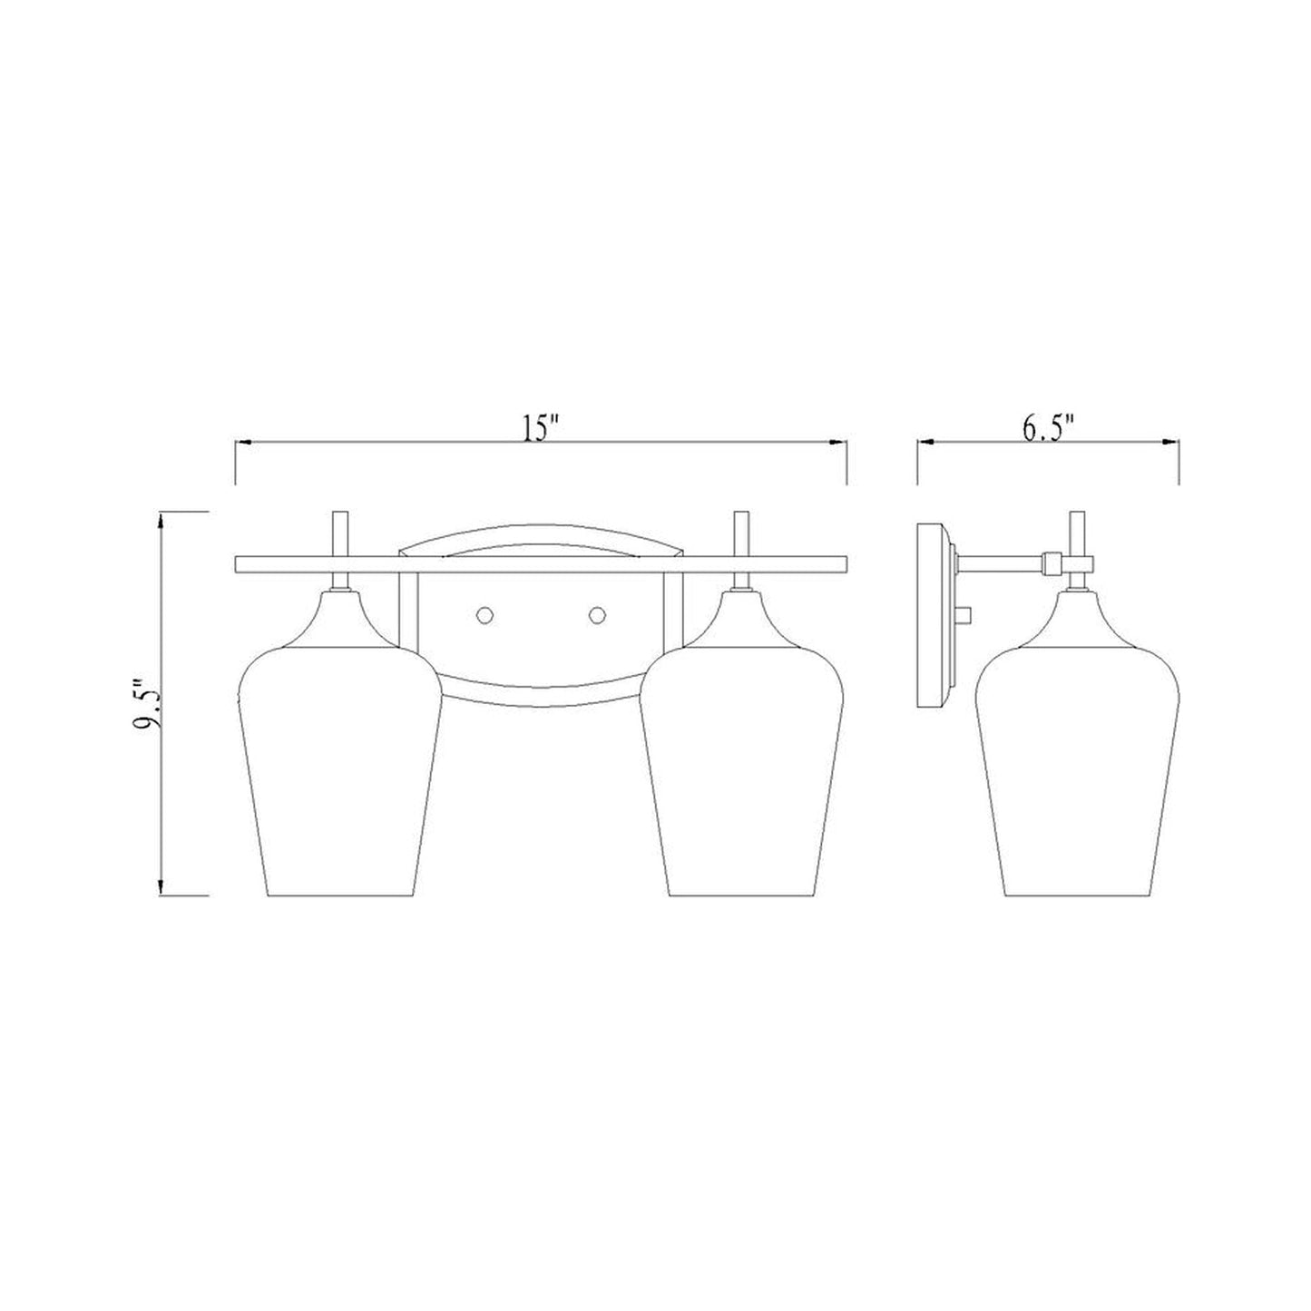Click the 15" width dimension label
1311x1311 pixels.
point(541,427)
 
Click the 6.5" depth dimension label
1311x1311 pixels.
point(1048,427)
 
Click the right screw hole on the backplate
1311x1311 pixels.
point(597,615)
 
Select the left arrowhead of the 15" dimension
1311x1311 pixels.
point(242,443)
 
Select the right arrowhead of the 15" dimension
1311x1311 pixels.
point(839,443)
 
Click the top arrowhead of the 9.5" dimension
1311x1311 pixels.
point(161,520)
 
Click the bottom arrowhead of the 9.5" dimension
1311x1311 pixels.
point(161,890)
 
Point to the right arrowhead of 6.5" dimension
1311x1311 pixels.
point(1171,443)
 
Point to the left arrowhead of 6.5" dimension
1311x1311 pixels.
point(925,443)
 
